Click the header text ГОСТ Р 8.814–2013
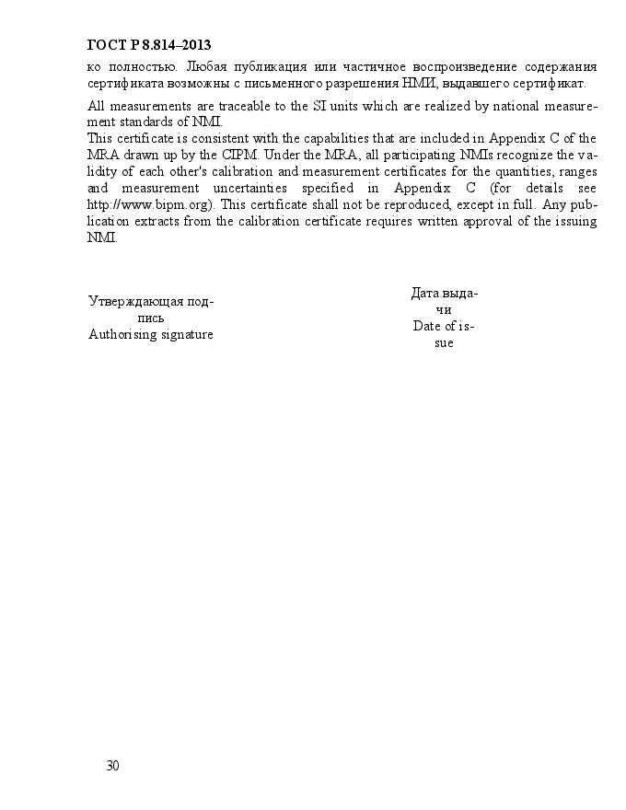(x=149, y=44)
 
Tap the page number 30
(x=112, y=766)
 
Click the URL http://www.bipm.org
(x=149, y=204)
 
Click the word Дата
(x=425, y=293)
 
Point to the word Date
(x=427, y=326)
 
